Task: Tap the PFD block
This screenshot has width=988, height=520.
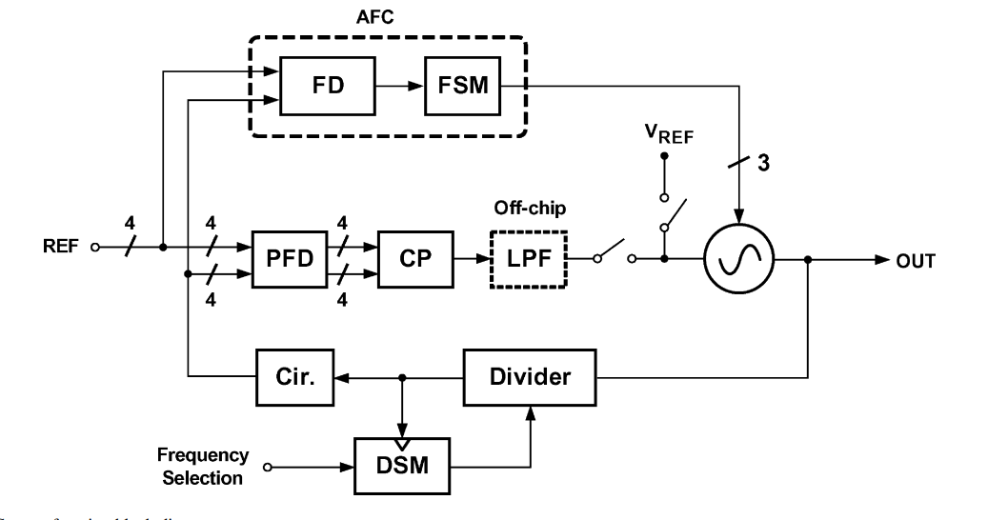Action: pyautogui.click(x=283, y=258)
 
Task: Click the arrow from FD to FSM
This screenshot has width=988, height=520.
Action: pyautogui.click(x=400, y=85)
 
